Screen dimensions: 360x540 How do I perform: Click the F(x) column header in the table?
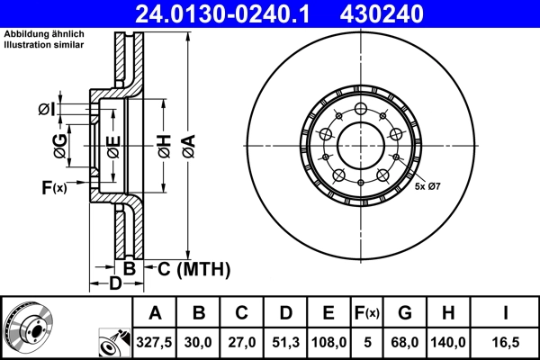point(367,313)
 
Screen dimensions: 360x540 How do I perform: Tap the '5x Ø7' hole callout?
point(427,186)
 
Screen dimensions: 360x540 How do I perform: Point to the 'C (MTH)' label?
point(194,268)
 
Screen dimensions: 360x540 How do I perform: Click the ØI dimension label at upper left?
point(46,110)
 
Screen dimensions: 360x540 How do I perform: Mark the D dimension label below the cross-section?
point(114,285)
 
